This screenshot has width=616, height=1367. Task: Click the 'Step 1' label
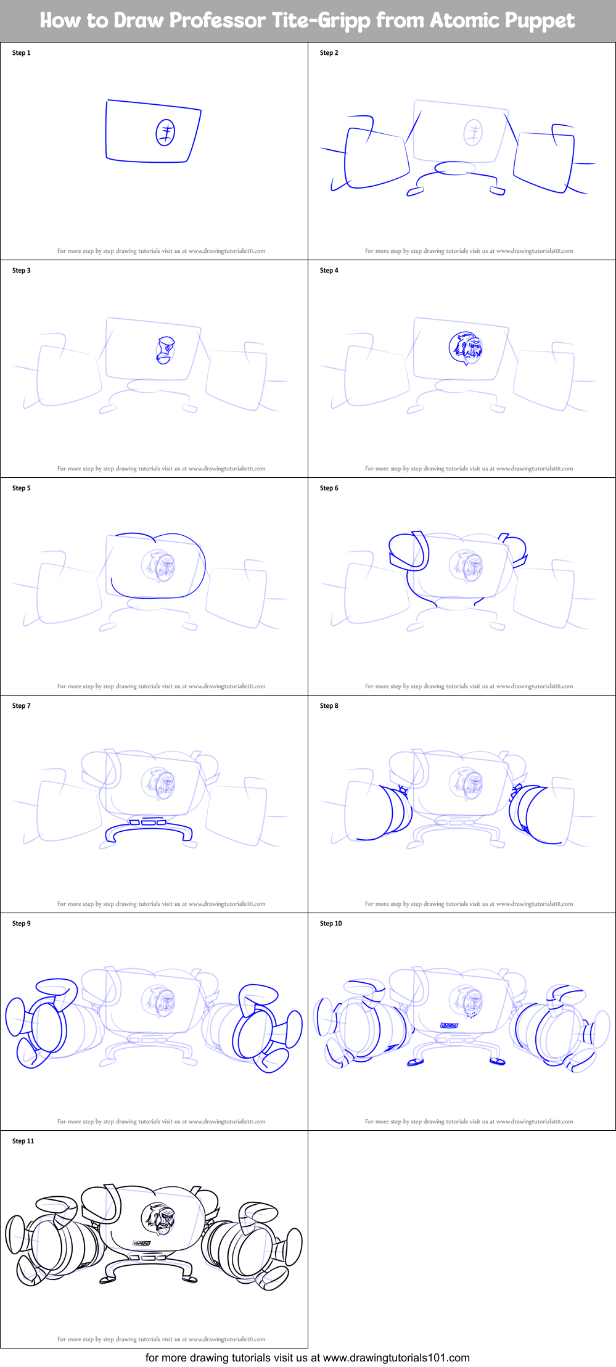(21, 53)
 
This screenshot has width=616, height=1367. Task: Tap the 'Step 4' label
(329, 271)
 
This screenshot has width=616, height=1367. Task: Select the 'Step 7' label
(21, 706)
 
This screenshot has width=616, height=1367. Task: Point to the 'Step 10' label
(331, 924)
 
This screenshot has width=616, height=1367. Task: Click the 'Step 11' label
(23, 1141)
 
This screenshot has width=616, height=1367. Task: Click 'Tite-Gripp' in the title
(321, 20)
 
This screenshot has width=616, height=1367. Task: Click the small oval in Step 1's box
(165, 132)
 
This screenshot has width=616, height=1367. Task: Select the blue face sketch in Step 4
(465, 348)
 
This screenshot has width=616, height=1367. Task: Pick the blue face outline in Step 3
(165, 350)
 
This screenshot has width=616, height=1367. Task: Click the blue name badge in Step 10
(449, 1025)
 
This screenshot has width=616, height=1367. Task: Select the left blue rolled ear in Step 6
(409, 551)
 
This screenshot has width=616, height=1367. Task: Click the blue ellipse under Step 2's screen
(456, 168)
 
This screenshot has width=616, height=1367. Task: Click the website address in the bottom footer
(396, 1357)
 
